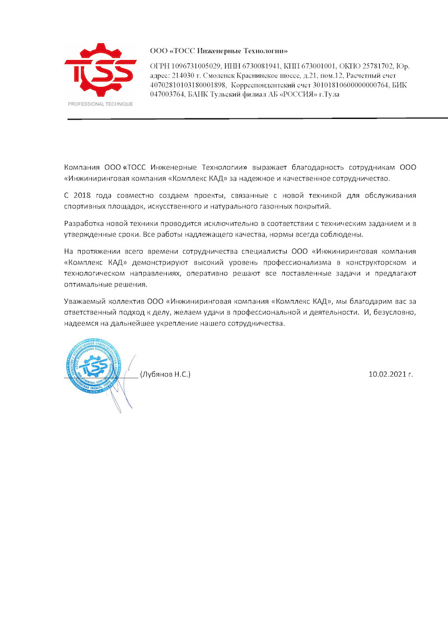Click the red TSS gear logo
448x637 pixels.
[x=100, y=70]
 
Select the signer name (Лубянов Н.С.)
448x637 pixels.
[x=165, y=373]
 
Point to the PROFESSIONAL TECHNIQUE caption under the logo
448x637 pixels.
[x=100, y=104]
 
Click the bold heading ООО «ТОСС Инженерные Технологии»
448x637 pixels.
[x=219, y=51]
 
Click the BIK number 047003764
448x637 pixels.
[x=170, y=95]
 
